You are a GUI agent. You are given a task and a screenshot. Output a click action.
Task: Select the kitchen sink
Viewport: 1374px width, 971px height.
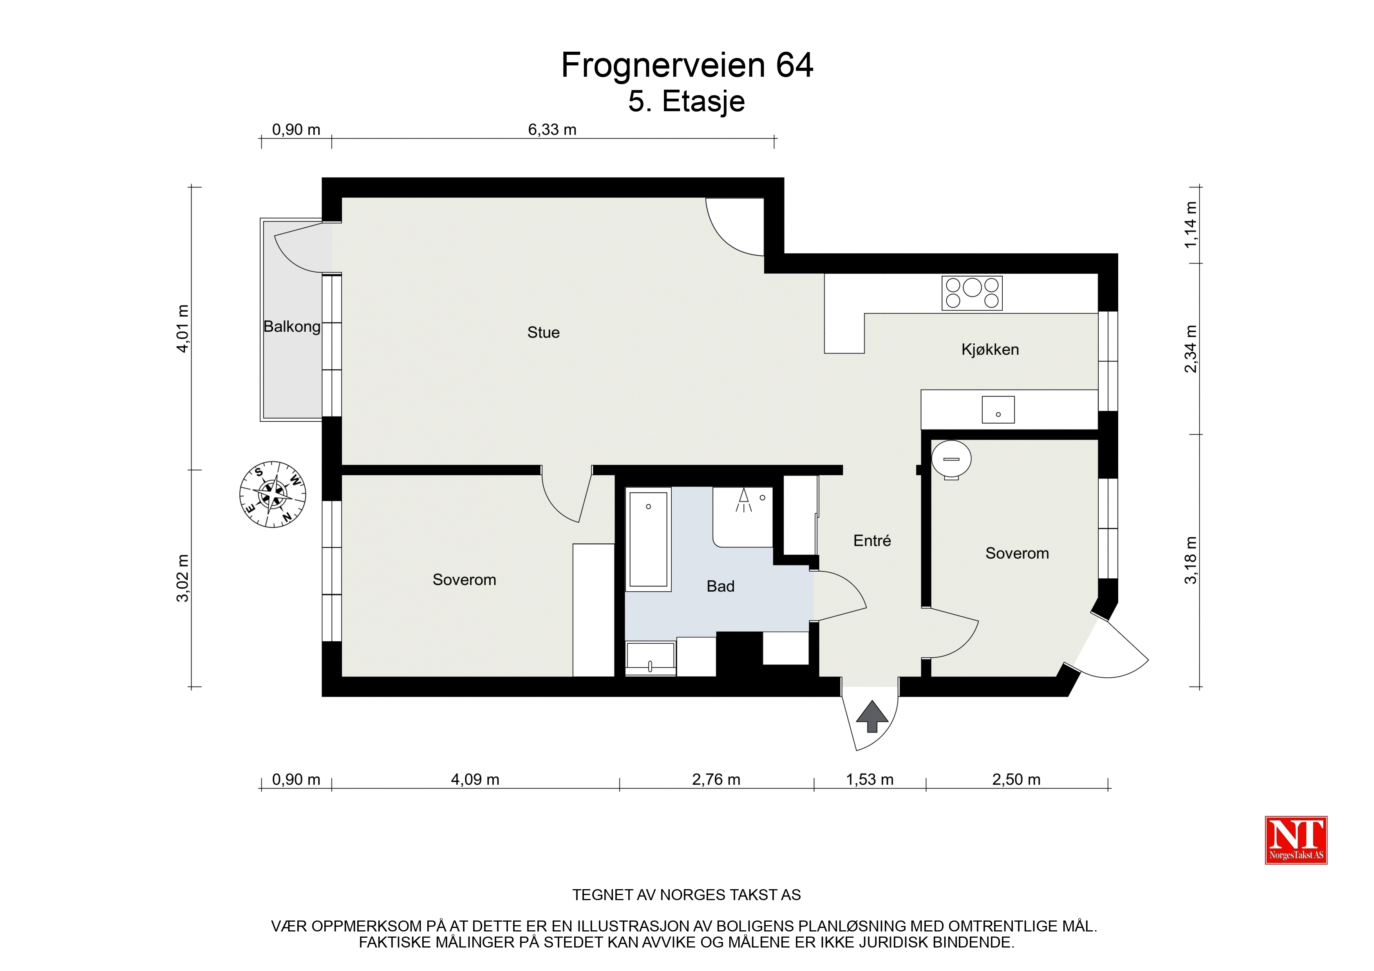pyautogui.click(x=998, y=410)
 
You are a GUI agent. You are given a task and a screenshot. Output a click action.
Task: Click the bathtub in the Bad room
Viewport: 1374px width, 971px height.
pyautogui.click(x=648, y=539)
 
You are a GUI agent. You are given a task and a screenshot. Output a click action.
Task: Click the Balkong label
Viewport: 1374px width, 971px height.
pyautogui.click(x=292, y=327)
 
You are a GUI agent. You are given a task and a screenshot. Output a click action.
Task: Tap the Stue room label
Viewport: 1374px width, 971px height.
pyautogui.click(x=543, y=333)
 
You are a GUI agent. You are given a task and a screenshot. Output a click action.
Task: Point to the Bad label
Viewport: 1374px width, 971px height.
pyautogui.click(x=721, y=586)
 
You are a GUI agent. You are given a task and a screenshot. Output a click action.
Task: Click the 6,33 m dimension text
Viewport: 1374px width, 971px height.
pyautogui.click(x=552, y=130)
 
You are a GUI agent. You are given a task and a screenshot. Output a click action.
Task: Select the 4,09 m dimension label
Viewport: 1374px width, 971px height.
pyautogui.click(x=475, y=780)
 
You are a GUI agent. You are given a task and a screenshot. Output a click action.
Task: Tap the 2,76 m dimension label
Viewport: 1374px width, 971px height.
pyautogui.click(x=716, y=780)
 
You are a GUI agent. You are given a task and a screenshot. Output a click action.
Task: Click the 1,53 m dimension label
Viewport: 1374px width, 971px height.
pyautogui.click(x=870, y=780)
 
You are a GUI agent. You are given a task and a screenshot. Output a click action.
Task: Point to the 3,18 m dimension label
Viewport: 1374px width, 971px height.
pyautogui.click(x=1191, y=560)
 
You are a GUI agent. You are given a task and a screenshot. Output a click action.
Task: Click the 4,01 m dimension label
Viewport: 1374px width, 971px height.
pyautogui.click(x=183, y=328)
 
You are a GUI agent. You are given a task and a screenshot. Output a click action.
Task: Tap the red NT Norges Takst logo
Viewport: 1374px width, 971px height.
pyautogui.click(x=1296, y=840)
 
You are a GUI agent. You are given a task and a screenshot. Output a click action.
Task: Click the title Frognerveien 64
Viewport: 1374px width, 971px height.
pyautogui.click(x=687, y=65)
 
